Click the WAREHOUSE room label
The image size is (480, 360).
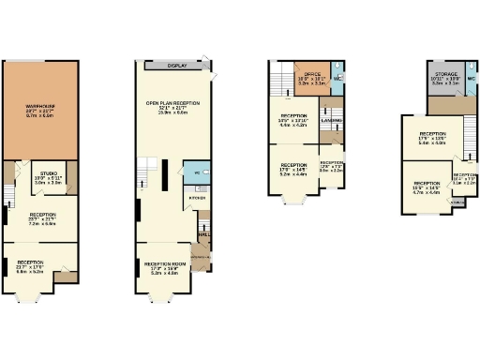coord(39,111)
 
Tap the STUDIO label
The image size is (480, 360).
coord(47,180)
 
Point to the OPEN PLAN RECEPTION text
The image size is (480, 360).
coord(172,106)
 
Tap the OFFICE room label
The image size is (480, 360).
coord(311,78)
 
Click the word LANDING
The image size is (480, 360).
coord(330,121)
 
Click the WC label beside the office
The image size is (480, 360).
coord(337,78)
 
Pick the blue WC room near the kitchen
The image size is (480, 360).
coord(198,174)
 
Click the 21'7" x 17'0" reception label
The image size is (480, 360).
coord(31,266)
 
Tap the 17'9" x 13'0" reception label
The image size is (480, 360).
coord(433,140)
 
